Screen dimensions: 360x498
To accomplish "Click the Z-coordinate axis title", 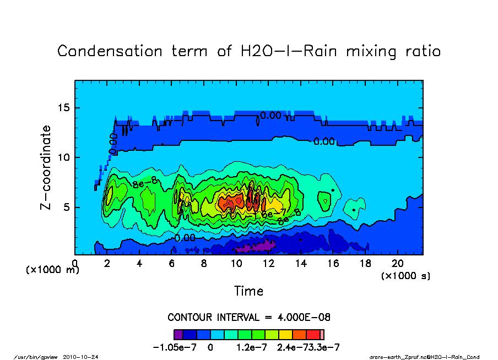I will pos(46,167).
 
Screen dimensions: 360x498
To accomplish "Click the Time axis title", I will pos(248,291).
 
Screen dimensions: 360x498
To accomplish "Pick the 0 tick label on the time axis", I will pos(75,263).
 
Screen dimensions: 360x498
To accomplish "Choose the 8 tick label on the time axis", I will pos(204,263).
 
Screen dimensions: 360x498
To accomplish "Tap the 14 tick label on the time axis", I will pos(300,263).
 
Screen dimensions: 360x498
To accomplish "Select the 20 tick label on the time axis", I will pos(397,263).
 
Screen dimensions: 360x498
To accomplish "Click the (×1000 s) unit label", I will pos(405,275).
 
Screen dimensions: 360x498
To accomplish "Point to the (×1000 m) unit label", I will pos(52,270).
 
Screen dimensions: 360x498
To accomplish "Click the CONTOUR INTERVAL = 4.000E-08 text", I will pos(248,318).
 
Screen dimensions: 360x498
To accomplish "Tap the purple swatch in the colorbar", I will pos(178,334).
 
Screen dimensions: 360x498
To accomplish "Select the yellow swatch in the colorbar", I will pos(286,334).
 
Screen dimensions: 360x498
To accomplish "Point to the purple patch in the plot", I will pos(259,246).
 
